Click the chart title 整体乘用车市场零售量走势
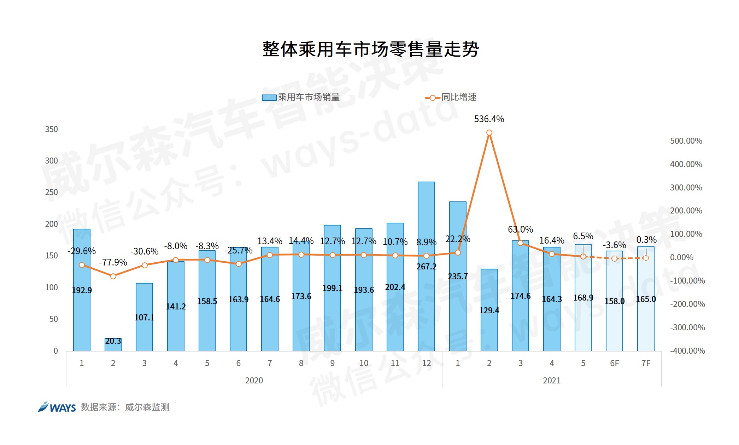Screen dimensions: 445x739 370,49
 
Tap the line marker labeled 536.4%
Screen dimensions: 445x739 489,133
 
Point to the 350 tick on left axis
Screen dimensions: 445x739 51,129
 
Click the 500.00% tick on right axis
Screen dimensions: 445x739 686,141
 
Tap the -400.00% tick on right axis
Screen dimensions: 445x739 687,351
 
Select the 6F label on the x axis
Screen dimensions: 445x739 614,363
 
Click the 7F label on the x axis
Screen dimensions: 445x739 646,363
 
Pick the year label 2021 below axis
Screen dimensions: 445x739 551,381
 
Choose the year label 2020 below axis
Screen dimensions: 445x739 254,381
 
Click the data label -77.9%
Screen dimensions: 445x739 113,262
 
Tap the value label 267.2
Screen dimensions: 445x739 426,267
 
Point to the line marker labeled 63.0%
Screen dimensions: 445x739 520,243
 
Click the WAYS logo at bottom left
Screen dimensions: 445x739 57,407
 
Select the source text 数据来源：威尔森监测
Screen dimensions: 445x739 125,407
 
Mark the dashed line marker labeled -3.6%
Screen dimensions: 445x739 614,259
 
